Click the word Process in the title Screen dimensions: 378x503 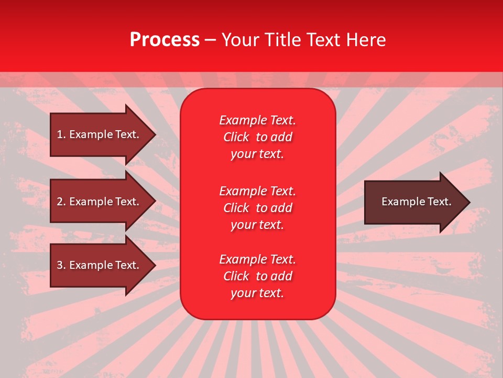(165, 40)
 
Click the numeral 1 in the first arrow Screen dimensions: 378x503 (60, 134)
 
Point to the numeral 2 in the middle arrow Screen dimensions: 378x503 (60, 202)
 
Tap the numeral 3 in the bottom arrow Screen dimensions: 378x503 (60, 265)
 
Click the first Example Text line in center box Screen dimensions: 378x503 (257, 120)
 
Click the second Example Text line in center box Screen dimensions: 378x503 (257, 191)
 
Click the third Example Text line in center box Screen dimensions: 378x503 (257, 259)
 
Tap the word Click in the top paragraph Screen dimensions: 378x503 (236, 137)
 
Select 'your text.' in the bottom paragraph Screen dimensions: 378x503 (257, 293)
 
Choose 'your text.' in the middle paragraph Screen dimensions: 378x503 (257, 225)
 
